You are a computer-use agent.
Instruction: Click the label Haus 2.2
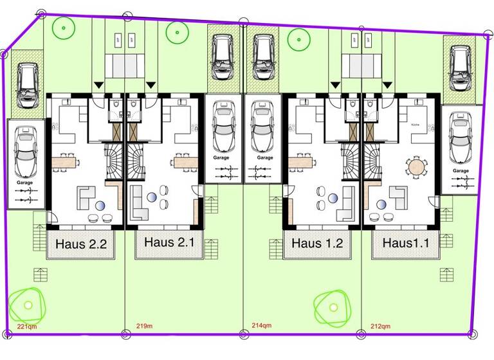tap(80, 244)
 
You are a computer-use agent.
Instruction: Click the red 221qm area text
tap(26, 327)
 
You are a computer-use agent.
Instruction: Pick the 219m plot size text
tap(145, 326)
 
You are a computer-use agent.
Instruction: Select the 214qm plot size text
tap(261, 326)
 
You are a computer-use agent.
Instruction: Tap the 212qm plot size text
tap(381, 326)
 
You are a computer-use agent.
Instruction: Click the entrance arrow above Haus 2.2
tap(98, 85)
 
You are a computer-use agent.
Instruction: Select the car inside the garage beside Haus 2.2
tap(26, 154)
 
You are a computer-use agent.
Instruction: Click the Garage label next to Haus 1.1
tap(460, 171)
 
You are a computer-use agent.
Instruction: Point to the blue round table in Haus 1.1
tap(381, 205)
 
